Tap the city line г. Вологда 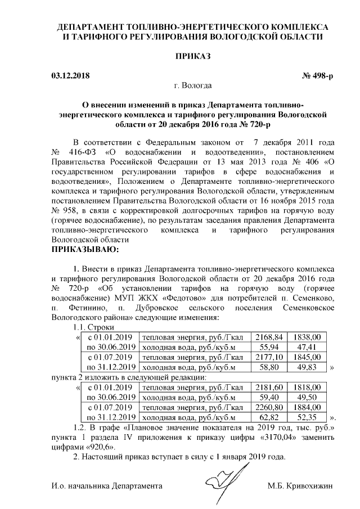[x=193, y=86]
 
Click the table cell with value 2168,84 [x=268, y=337]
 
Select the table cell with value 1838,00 [x=308, y=337]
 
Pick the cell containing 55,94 [x=268, y=347]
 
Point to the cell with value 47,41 [x=308, y=347]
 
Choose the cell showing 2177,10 [x=268, y=357]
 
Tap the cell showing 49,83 [x=308, y=367]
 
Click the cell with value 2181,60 [x=268, y=388]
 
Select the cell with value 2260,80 [x=268, y=408]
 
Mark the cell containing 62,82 [x=268, y=418]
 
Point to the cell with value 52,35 [x=308, y=418]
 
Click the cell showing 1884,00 [x=308, y=408]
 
